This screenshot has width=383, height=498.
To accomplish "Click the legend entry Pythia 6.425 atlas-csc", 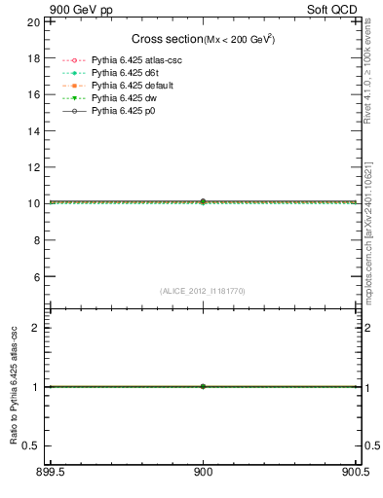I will pos(136,60).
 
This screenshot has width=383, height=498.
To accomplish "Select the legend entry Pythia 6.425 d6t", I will pos(125,73).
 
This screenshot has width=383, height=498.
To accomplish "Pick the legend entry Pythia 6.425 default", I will pos(131,86).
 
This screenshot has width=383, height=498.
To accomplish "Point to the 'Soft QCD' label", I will pos(337,7).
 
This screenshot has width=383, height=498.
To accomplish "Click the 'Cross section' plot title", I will pos(166,39).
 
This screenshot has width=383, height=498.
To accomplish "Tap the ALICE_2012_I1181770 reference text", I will pos(203,291).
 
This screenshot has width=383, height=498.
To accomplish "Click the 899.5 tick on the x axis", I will pos(50,474).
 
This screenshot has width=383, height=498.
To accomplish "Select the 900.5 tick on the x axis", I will pos(357,474).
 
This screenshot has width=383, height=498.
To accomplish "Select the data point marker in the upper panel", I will pos(203,201).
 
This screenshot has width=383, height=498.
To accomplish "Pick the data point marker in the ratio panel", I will pos(203,386).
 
